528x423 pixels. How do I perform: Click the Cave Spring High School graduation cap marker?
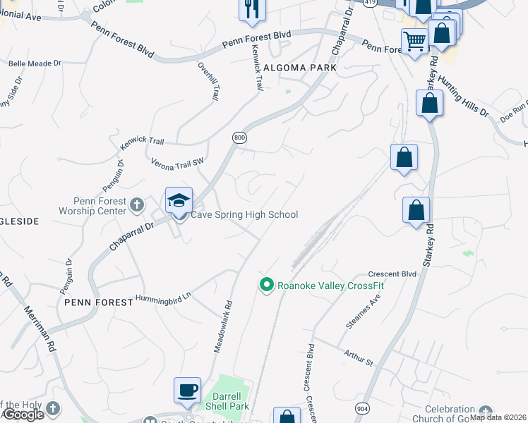coord(179,200)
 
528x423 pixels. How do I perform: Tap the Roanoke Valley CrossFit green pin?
coord(266,285)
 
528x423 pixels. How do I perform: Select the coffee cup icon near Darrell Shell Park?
coord(187,390)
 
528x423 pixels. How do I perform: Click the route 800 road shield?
coord(239,138)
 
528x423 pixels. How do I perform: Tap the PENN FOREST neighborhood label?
coord(98,302)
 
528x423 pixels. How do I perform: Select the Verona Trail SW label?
coord(177,162)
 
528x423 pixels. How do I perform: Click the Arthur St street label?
coord(358,357)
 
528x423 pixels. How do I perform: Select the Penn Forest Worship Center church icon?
coord(138,204)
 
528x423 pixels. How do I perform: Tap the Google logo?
coord(23,415)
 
